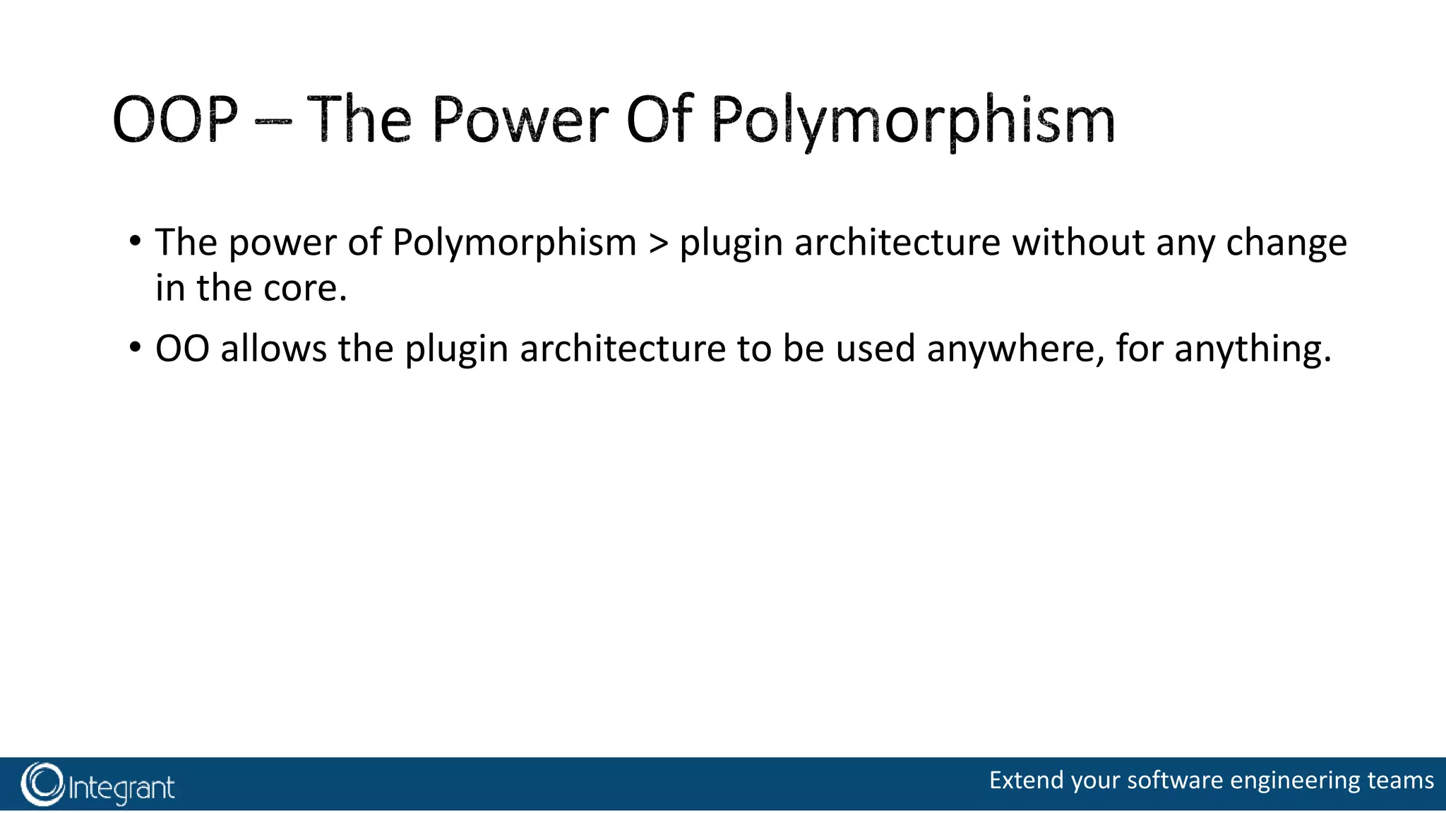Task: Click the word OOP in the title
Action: pos(174,120)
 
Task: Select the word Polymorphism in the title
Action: pos(912,121)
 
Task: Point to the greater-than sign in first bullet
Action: pos(658,243)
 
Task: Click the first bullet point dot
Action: pos(135,241)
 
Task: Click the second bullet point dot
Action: pos(135,348)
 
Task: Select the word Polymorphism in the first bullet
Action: pos(514,243)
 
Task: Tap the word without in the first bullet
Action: pos(1078,243)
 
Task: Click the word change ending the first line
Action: pos(1286,244)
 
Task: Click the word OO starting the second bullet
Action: pos(182,349)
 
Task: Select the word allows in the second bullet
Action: pos(273,349)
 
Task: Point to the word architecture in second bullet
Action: pos(622,349)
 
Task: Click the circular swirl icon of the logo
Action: pos(42,784)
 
